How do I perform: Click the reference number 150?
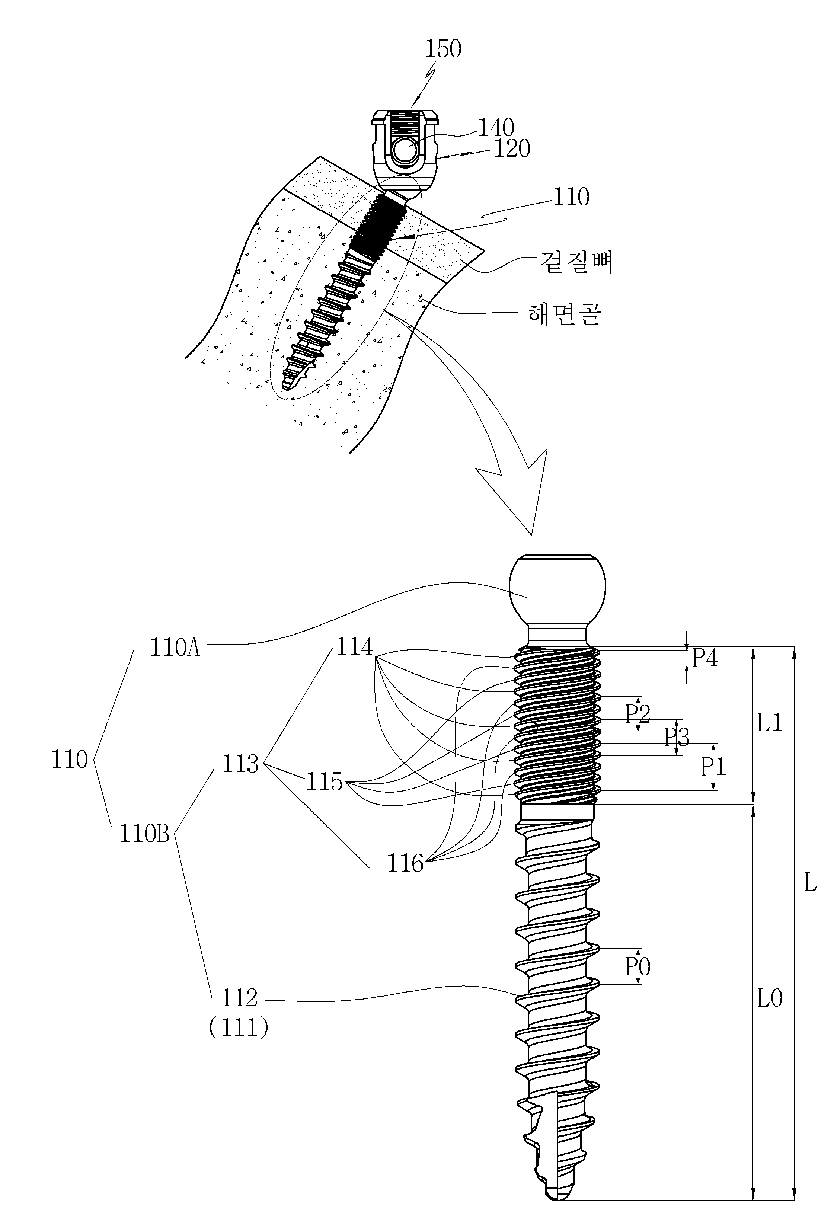[443, 49]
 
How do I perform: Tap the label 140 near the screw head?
[496, 128]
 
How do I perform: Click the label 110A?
[175, 647]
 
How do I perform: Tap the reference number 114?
[354, 647]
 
